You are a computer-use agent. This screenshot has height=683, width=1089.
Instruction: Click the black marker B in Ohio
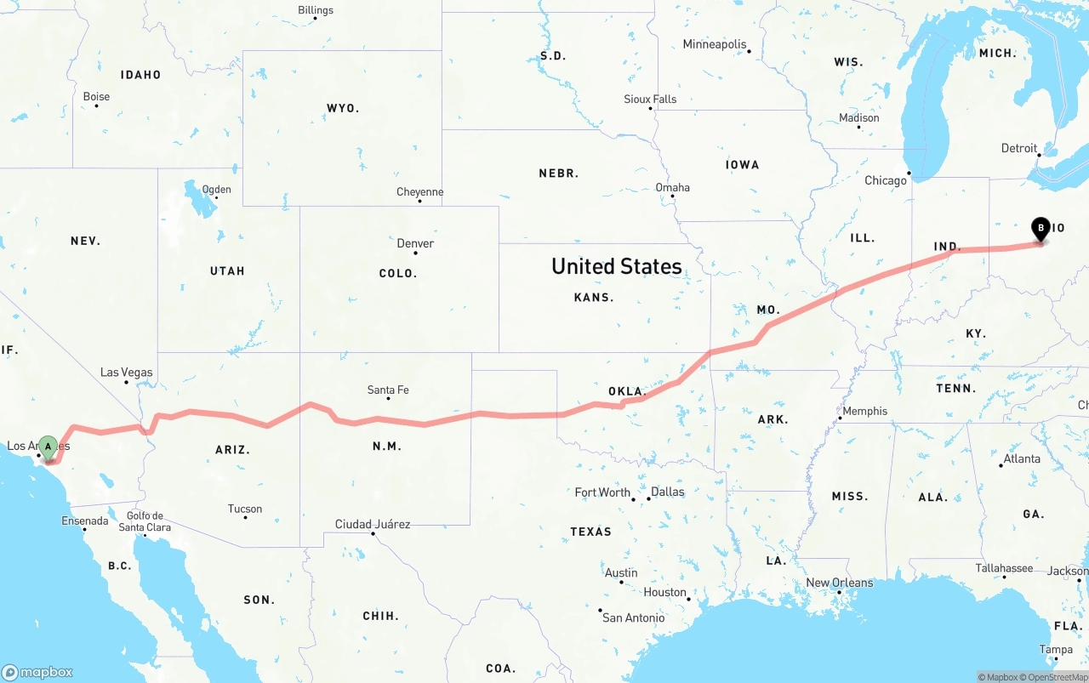pyautogui.click(x=1040, y=228)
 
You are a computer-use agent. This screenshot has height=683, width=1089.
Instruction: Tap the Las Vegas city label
pyautogui.click(x=127, y=372)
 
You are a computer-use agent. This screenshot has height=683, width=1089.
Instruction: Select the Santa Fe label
pyautogui.click(x=388, y=390)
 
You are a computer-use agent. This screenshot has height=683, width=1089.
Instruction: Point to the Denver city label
pyautogui.click(x=415, y=243)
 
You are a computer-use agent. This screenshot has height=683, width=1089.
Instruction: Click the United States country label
pyautogui.click(x=617, y=266)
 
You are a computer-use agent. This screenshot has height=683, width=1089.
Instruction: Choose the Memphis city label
pyautogui.click(x=864, y=411)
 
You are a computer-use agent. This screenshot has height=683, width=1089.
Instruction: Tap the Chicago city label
pyautogui.click(x=886, y=180)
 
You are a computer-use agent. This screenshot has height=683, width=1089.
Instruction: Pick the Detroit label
pyautogui.click(x=1019, y=148)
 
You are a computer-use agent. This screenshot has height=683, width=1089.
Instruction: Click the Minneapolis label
pyautogui.click(x=715, y=44)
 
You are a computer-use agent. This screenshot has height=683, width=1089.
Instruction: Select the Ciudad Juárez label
pyautogui.click(x=373, y=524)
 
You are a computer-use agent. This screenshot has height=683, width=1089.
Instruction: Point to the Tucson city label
pyautogui.click(x=245, y=509)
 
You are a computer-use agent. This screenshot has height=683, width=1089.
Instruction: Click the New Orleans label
pyautogui.click(x=840, y=583)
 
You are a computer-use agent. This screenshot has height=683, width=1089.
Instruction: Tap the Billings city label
pyautogui.click(x=316, y=10)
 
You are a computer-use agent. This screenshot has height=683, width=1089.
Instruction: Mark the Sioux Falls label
pyautogui.click(x=650, y=99)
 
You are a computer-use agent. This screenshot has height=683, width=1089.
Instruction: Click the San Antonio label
pyautogui.click(x=634, y=618)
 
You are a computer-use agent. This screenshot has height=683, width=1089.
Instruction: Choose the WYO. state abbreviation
pyautogui.click(x=343, y=108)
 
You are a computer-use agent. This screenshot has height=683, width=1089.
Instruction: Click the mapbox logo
pyautogui.click(x=37, y=672)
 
